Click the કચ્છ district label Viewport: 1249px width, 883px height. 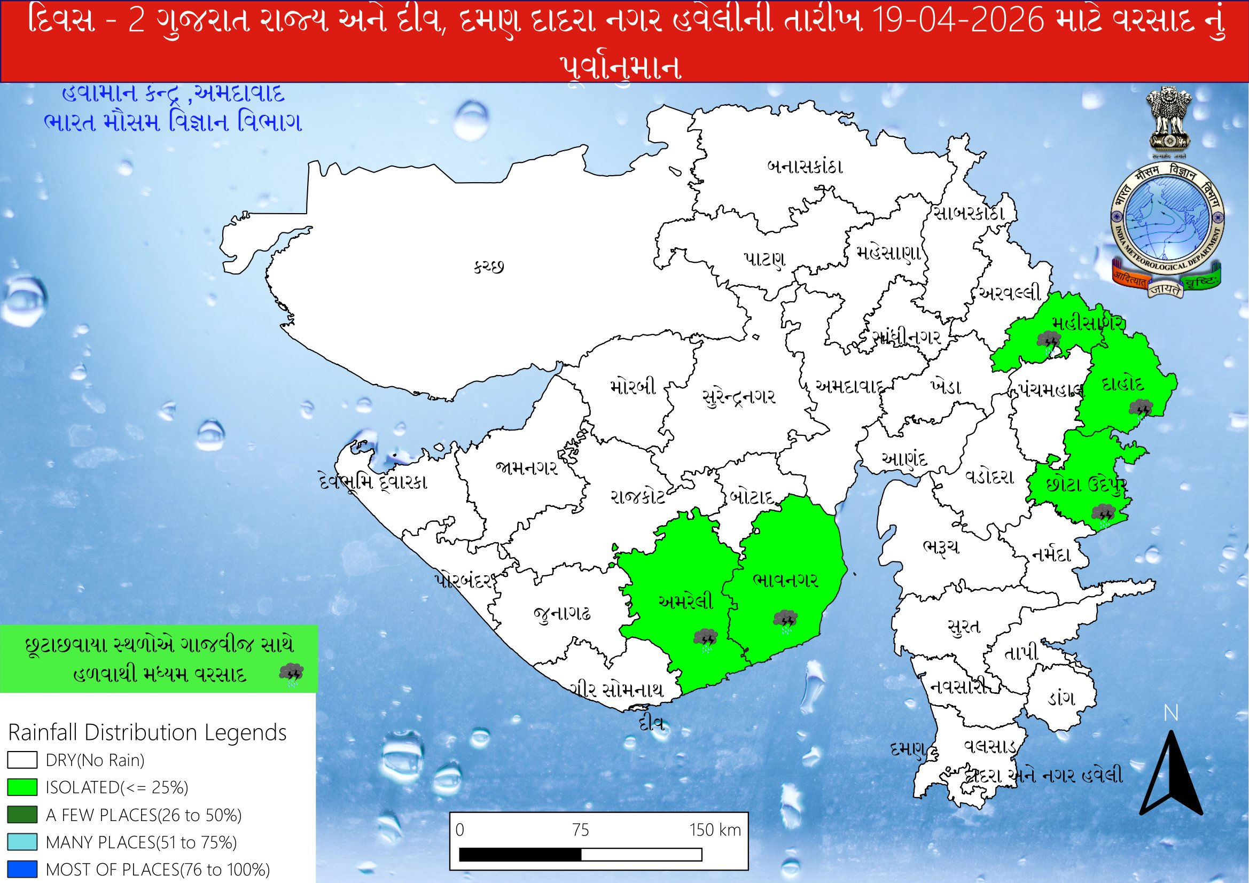488,267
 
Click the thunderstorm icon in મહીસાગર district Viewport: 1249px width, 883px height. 1048,343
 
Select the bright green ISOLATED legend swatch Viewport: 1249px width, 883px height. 22,787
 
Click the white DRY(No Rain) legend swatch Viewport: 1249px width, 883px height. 22,760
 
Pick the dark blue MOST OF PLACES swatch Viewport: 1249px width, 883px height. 22,869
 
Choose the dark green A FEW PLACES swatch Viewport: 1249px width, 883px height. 22,815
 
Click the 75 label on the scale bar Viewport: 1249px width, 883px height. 581,830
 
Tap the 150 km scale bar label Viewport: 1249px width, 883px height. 715,830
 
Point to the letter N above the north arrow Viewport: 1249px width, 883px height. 1170,713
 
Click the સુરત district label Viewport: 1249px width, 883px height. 963,626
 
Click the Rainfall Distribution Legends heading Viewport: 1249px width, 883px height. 147,733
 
